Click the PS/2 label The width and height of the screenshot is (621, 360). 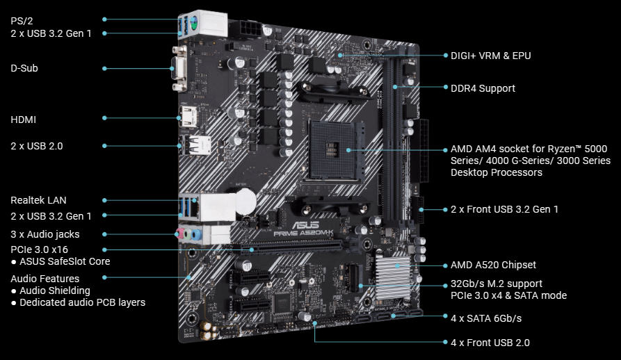pos(22,21)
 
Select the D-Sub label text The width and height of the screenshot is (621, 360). pos(24,68)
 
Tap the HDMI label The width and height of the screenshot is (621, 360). pos(24,120)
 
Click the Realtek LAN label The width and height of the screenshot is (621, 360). pos(38,200)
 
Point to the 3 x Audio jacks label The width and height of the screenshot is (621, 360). pos(45,234)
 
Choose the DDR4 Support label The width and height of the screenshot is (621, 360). pos(483,88)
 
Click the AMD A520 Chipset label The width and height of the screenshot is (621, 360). pos(493,265)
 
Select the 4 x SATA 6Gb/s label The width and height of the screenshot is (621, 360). pos(486,318)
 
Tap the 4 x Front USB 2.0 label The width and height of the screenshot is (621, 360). pos(490,343)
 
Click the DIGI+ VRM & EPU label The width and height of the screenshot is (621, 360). pos(491,56)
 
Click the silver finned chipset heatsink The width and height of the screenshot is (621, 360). pos(393,277)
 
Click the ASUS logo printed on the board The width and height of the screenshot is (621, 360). pos(305,224)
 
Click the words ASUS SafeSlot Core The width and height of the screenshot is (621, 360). pos(65,261)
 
